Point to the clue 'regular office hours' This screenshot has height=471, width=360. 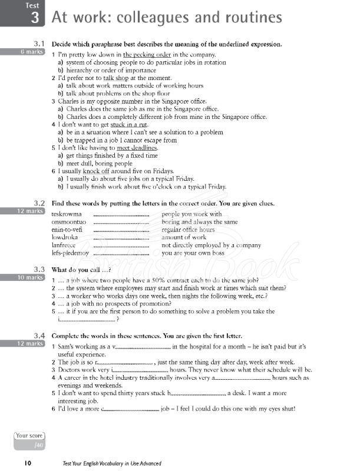click(x=188, y=230)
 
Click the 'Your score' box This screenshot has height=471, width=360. click(x=29, y=439)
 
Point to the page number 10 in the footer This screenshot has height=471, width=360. click(x=28, y=463)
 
